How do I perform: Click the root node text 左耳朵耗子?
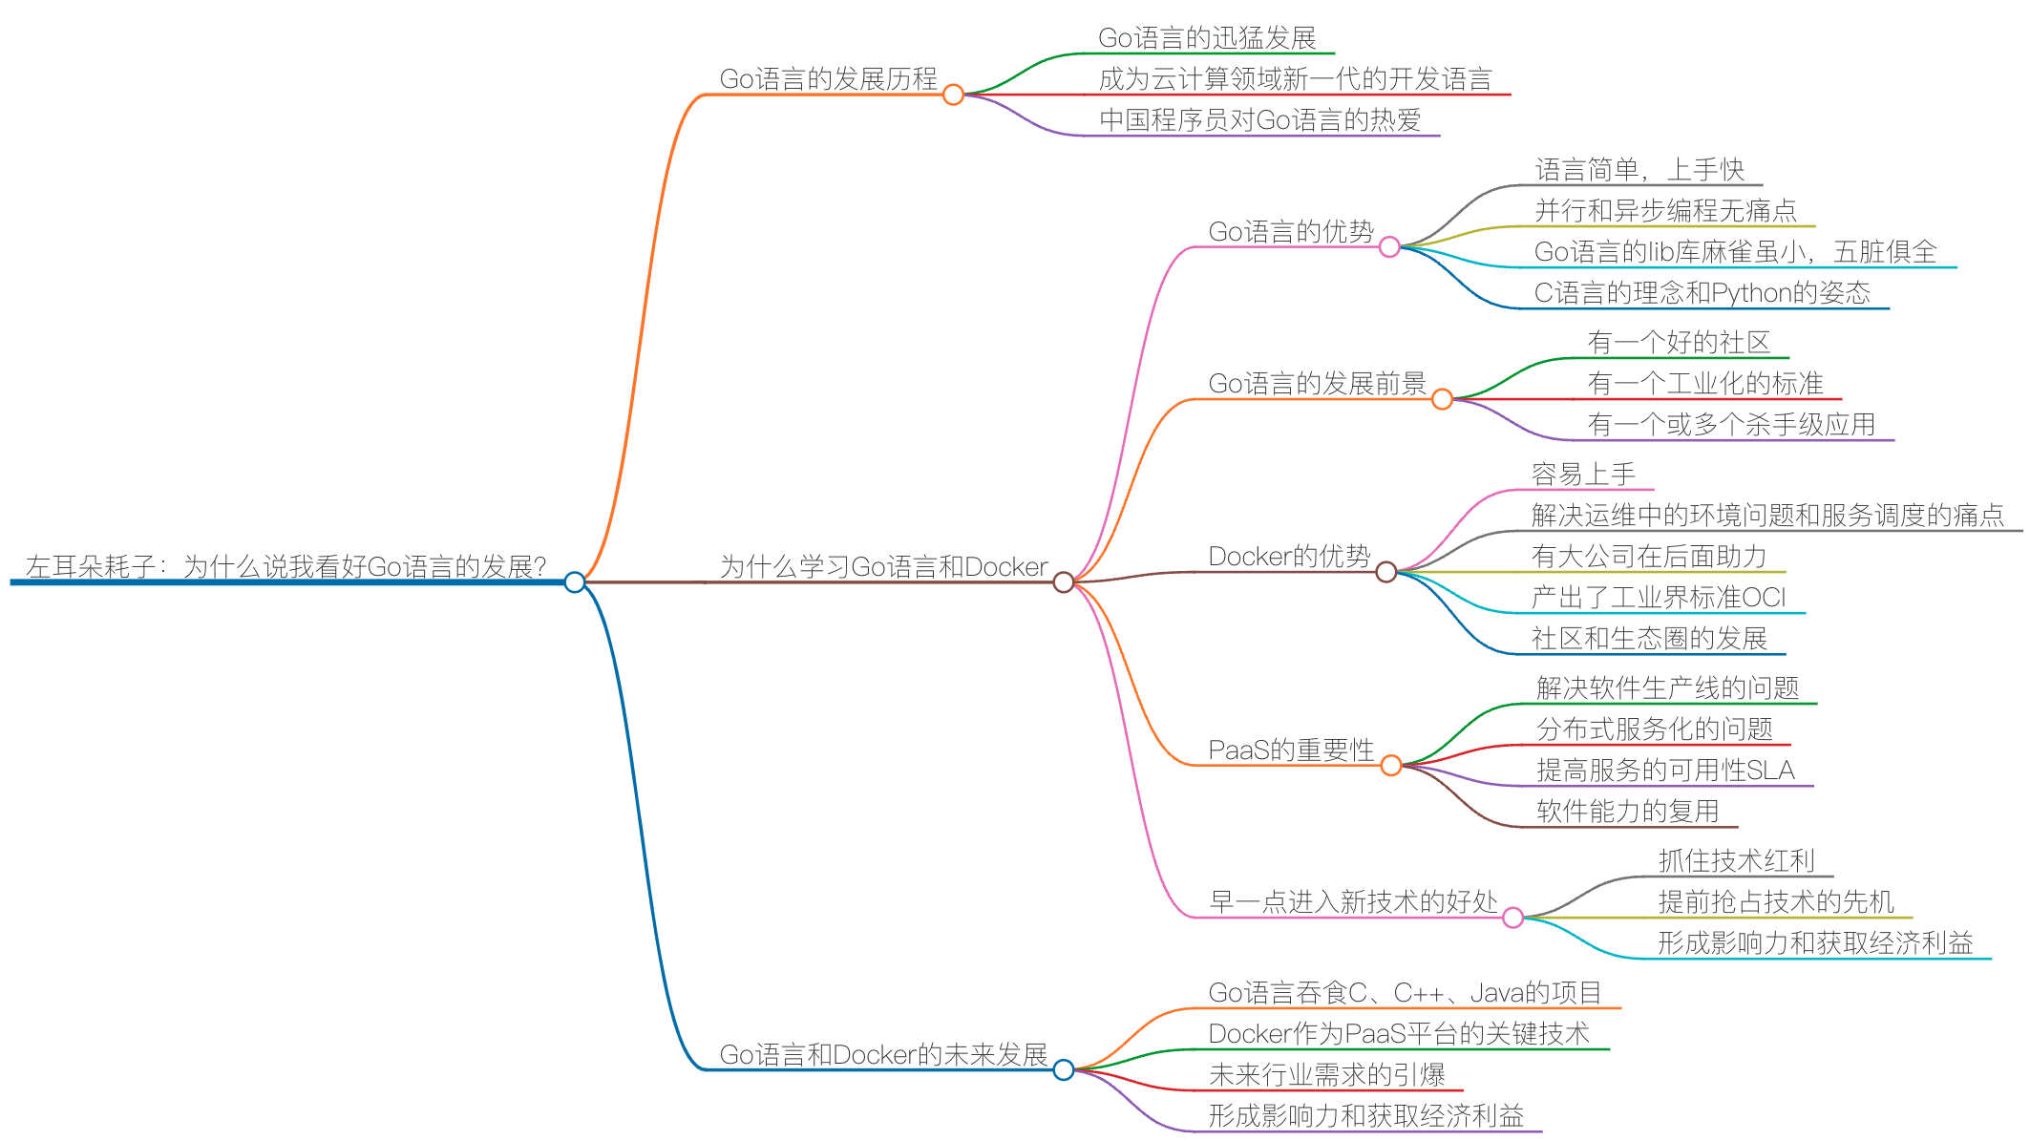285,566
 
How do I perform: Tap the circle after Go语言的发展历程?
953,95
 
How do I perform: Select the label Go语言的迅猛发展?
1207,38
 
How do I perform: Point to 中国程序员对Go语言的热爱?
1259,120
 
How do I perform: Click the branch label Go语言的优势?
1291,231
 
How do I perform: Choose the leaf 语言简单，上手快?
1639,170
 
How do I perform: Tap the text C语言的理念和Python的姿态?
1702,293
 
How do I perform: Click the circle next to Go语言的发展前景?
1442,399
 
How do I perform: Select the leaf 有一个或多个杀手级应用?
1731,425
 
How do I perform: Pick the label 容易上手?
1583,474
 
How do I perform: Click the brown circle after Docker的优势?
1386,572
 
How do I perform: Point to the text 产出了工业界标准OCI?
1659,598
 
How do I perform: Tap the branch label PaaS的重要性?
1291,750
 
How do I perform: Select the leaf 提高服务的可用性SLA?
1665,771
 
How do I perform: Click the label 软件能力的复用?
1628,812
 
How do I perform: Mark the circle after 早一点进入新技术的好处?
1512,918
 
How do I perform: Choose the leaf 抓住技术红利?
1736,861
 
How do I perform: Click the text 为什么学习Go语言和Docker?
883,567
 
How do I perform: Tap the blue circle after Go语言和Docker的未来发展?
1064,1070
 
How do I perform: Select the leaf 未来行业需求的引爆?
1326,1075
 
